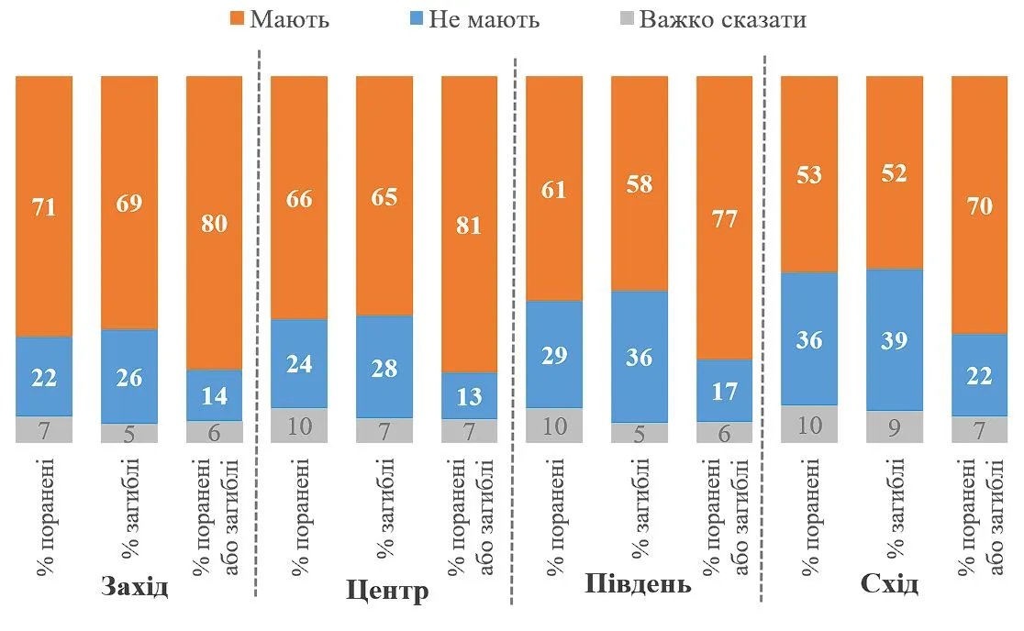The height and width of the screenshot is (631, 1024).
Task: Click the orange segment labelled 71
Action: coord(44,206)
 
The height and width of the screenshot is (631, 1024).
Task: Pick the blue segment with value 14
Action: coord(214,395)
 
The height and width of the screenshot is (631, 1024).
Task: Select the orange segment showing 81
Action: coord(469,224)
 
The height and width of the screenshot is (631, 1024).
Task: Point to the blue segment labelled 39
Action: coord(894,339)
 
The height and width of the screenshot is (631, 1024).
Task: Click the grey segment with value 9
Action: coord(894,426)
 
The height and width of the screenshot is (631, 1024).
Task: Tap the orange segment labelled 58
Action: coord(639,183)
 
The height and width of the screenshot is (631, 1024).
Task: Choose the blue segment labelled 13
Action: coord(469,396)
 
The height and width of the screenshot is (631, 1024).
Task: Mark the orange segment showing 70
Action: coord(979,205)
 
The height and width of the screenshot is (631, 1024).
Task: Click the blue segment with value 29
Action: coord(553,354)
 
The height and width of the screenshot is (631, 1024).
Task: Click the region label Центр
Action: coord(388,591)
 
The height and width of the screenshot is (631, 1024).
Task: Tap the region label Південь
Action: coord(638,584)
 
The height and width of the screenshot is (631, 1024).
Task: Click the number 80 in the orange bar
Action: coord(214,223)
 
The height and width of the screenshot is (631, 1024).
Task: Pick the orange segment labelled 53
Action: coord(808,174)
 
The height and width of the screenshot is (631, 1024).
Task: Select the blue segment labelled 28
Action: coord(384,367)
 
